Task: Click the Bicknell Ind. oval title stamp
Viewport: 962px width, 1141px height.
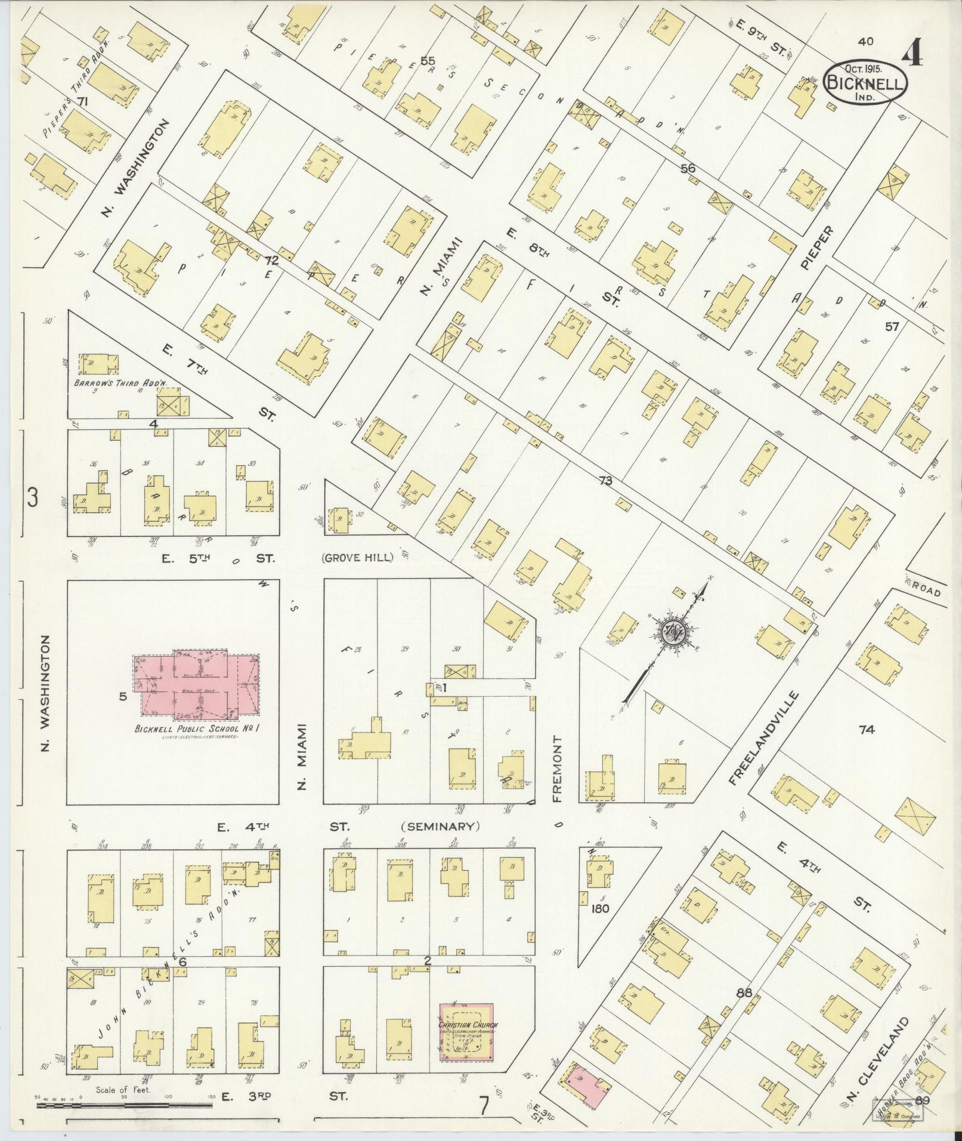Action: tap(865, 84)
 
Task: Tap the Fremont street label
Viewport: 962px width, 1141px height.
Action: tap(558, 769)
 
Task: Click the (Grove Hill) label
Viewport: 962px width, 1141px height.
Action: tap(358, 558)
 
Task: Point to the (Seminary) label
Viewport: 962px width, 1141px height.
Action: tap(441, 827)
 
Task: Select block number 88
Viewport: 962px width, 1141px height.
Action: tap(744, 993)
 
